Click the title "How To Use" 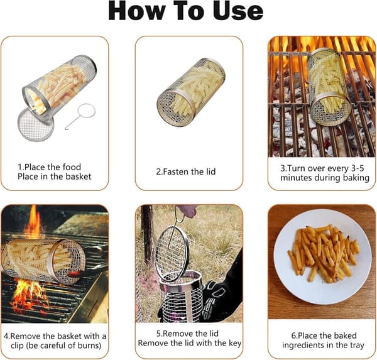[x=185, y=11]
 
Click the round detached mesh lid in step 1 [x=36, y=124]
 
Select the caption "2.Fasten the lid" [x=186, y=172]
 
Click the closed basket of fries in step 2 [x=191, y=92]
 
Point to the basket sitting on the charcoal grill [x=329, y=87]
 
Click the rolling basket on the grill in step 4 [x=43, y=261]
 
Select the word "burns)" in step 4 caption [x=89, y=346]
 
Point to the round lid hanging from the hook [x=172, y=254]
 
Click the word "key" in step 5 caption [x=235, y=343]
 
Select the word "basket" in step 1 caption [x=79, y=177]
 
